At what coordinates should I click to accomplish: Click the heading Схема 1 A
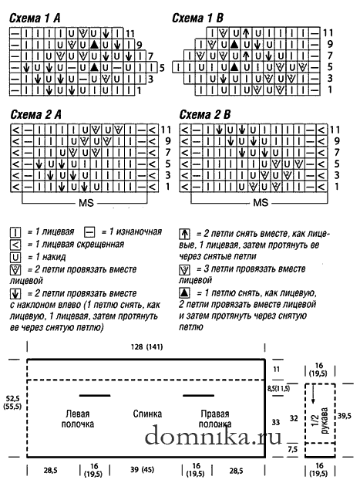[35, 18]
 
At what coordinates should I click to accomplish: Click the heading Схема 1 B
[197, 18]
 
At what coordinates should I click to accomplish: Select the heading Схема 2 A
[36, 115]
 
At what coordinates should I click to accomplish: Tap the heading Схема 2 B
[205, 115]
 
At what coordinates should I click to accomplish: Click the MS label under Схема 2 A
[86, 203]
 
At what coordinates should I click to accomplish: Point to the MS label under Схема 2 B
[261, 203]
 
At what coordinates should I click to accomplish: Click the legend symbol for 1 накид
[15, 257]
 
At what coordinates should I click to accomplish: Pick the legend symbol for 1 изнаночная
[89, 232]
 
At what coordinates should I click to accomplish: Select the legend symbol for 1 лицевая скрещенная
[15, 245]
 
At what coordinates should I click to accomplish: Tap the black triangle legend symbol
[184, 293]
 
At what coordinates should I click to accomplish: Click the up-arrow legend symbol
[184, 234]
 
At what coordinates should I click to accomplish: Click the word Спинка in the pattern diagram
[147, 414]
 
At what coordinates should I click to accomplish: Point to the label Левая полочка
[78, 419]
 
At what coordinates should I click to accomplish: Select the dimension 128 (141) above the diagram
[146, 347]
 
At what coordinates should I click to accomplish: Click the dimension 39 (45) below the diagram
[142, 469]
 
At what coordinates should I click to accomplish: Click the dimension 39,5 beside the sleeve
[345, 416]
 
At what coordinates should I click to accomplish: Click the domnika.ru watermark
[214, 435]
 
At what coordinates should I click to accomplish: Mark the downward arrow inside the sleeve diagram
[313, 394]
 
